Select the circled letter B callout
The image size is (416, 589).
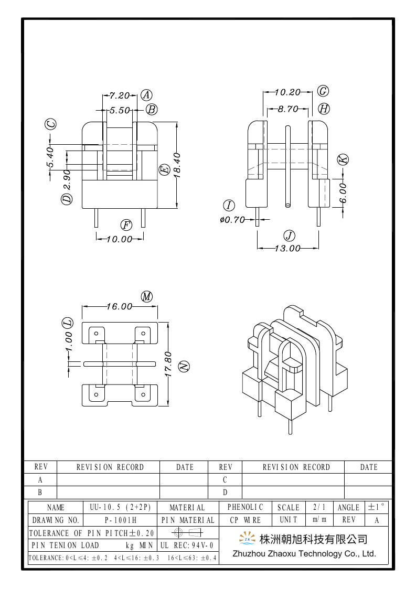pos(152,110)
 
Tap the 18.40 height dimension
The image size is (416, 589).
pos(177,166)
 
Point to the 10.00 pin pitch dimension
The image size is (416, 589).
pos(119,239)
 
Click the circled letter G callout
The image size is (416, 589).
pos(323,91)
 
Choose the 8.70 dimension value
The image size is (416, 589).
pos(287,109)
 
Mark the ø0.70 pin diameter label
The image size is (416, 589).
pos(232,220)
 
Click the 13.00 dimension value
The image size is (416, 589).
pos(287,248)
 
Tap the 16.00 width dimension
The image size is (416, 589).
pos(119,306)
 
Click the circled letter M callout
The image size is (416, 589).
pos(147,296)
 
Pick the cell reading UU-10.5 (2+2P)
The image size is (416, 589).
pos(120,507)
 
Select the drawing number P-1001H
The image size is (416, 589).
pos(120,520)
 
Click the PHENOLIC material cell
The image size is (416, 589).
pos(246,507)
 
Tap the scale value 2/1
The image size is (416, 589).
pos(319,507)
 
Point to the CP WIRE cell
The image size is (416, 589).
pos(246,520)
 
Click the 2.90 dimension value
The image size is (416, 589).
pos(67,180)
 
